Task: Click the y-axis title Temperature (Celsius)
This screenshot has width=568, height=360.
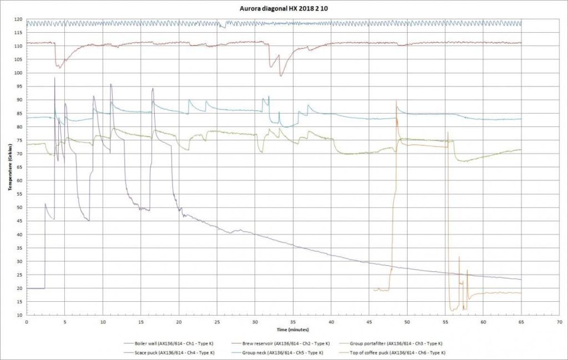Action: tap(9, 166)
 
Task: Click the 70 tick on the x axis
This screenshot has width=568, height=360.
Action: tap(559, 322)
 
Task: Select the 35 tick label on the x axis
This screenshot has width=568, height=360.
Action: tap(293, 322)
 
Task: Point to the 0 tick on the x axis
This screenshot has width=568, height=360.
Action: tap(27, 322)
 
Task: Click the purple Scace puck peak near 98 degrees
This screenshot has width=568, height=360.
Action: tap(55, 78)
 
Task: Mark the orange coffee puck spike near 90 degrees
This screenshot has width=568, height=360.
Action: tap(396, 102)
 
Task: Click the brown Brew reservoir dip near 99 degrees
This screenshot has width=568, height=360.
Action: tap(281, 75)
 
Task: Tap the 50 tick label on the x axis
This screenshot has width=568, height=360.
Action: tap(407, 322)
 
